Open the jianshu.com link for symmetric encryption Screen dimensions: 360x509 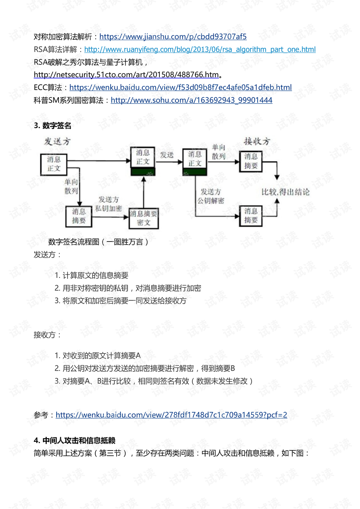coord(173,37)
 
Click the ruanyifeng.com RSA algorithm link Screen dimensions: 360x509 coord(200,49)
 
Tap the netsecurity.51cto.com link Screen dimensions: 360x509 coord(126,75)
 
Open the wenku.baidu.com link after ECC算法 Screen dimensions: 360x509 coord(181,87)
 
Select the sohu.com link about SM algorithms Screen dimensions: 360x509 coord(192,100)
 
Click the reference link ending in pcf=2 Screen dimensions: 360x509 coord(171,415)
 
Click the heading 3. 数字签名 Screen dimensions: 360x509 coord(52,125)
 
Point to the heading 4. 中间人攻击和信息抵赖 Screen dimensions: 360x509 coord(75,440)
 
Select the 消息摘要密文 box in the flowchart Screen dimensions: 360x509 coord(144,218)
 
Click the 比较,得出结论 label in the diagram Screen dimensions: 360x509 coord(285,192)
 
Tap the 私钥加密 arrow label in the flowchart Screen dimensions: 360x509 coord(108,208)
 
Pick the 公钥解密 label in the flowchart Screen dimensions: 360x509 coord(210,200)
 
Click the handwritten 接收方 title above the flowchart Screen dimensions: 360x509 coord(257,141)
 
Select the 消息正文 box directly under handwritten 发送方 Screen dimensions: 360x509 coord(54,165)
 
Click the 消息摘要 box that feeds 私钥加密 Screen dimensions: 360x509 coord(79,216)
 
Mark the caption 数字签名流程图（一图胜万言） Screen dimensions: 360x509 coord(98,242)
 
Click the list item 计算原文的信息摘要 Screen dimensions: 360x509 coord(91,275)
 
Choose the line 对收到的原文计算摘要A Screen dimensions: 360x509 coord(97,355)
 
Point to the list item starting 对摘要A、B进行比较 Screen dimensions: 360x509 coord(154,381)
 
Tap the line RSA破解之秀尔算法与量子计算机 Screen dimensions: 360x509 coord(91,62)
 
